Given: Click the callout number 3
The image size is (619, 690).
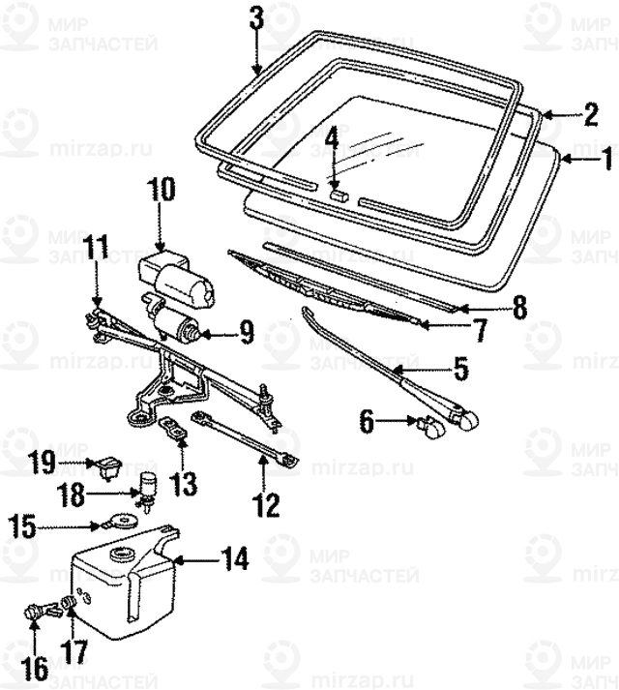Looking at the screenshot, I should tap(256, 17).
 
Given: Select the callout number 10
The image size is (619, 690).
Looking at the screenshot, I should tap(161, 190).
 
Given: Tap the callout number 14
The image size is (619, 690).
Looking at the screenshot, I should tap(235, 558).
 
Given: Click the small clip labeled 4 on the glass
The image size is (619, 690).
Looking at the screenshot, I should tap(337, 194).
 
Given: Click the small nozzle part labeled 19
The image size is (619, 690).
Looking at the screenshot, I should tap(105, 465).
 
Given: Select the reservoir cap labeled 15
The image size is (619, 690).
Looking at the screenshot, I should tap(121, 520).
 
